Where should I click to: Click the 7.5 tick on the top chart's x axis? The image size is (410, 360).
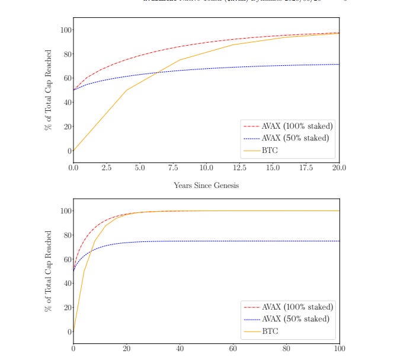172,168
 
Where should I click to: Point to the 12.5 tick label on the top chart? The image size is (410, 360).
239,168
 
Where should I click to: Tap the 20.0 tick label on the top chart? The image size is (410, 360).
338,168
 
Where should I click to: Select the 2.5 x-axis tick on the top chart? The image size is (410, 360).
106,168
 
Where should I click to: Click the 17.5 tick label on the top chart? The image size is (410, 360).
305,168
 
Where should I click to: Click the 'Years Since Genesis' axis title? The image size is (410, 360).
206,185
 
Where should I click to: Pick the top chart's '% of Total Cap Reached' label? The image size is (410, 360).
49,90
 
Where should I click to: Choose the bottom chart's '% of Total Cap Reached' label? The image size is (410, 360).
49,271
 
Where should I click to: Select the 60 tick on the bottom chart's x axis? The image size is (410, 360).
232,349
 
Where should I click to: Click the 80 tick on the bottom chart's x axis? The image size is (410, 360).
286,349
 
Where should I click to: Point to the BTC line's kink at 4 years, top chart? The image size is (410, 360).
126,90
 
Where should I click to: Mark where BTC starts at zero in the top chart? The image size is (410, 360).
73,151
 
